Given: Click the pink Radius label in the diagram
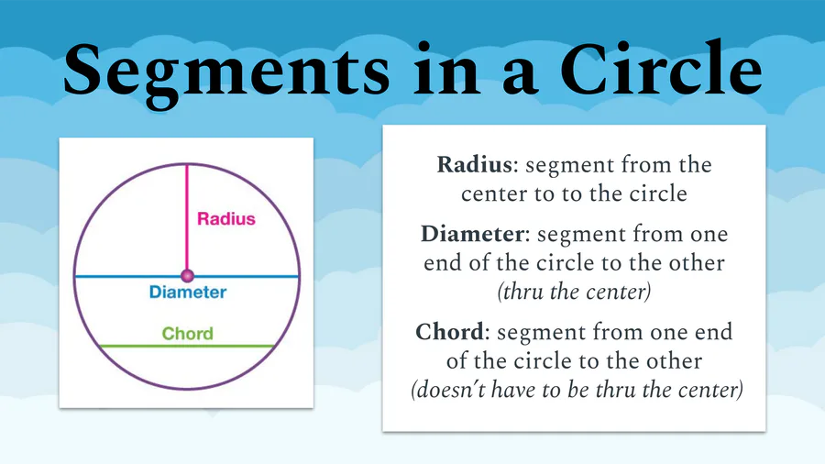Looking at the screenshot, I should (226, 219).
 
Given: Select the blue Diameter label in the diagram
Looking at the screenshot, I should (187, 293).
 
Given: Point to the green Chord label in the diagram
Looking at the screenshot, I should (187, 333).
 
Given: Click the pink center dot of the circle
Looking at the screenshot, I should (187, 275).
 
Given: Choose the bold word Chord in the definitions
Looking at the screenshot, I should (448, 331).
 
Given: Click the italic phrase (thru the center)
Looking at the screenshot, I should (574, 293).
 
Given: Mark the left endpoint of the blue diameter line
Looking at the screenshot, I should (75, 276).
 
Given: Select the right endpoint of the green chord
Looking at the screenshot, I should (275, 346).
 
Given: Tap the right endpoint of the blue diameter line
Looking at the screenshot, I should (300, 276).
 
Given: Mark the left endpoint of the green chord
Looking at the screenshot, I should (99, 346).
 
